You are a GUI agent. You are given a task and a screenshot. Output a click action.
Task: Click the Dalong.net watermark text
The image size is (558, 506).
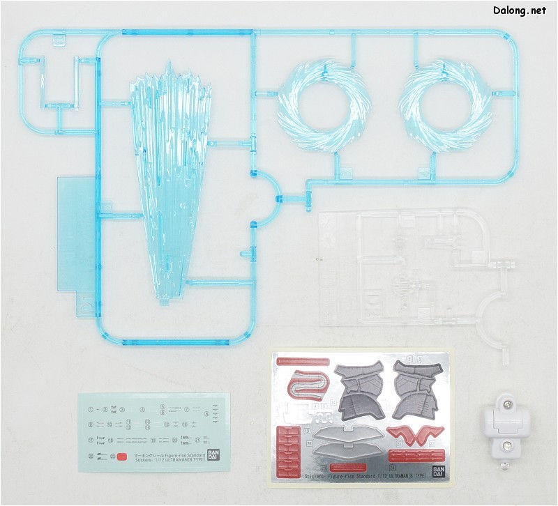point(520,11)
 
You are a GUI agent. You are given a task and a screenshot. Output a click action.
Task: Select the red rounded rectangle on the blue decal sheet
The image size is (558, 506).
point(121,458)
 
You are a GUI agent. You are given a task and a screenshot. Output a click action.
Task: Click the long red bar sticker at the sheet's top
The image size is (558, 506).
point(303,362)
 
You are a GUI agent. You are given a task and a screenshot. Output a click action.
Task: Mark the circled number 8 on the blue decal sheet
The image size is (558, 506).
point(207,414)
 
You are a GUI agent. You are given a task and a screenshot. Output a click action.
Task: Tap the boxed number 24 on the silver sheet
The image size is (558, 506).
point(393,468)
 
